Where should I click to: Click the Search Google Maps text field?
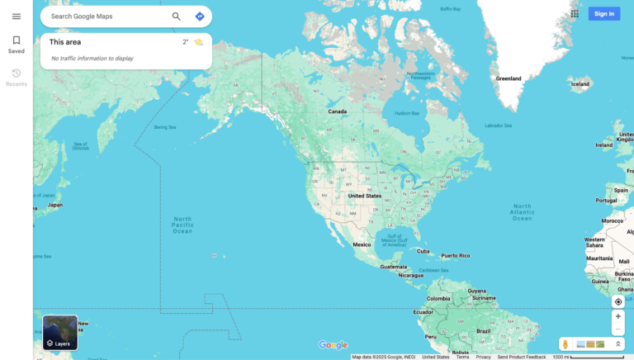pyautogui.click(x=103, y=17)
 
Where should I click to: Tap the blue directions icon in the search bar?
pyautogui.click(x=200, y=17)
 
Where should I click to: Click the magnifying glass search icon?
pyautogui.click(x=176, y=17)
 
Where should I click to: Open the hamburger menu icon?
pyautogui.click(x=16, y=17)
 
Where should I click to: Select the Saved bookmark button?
pyautogui.click(x=16, y=45)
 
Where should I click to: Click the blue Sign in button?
pyautogui.click(x=603, y=13)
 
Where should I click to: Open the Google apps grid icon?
pyautogui.click(x=575, y=13)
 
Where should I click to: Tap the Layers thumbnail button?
pyautogui.click(x=60, y=332)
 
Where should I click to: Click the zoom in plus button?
pyautogui.click(x=617, y=316)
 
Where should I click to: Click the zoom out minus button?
pyautogui.click(x=617, y=329)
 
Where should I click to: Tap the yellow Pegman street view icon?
pyautogui.click(x=565, y=343)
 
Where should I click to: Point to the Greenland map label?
pyautogui.click(x=509, y=78)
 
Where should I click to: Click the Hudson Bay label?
pyautogui.click(x=407, y=113)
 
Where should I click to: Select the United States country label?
pyautogui.click(x=364, y=196)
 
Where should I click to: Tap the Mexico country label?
pyautogui.click(x=362, y=244)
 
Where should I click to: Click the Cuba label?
pyautogui.click(x=423, y=251)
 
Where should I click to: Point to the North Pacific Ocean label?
pyautogui.click(x=182, y=225)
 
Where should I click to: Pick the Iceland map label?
pyautogui.click(x=580, y=84)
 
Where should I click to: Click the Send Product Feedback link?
pyautogui.click(x=521, y=357)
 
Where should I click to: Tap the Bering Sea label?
pyautogui.click(x=165, y=127)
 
